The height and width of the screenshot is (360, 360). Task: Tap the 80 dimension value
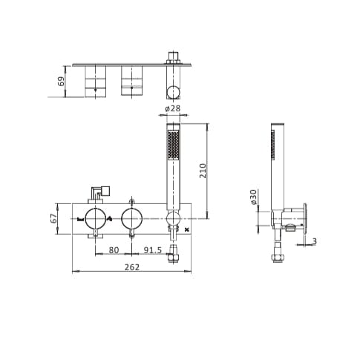tap(114, 249)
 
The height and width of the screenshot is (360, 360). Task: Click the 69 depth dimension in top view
tap(61, 80)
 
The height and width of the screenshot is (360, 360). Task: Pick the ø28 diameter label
tap(172, 109)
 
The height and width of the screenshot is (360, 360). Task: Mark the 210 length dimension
tap(202, 170)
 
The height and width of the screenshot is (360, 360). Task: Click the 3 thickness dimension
tap(314, 241)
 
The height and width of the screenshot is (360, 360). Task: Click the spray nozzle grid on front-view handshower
tap(174, 145)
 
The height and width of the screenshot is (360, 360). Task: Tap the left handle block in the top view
tap(95, 80)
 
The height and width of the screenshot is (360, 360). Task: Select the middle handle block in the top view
tap(131, 80)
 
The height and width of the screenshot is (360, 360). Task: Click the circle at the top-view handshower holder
tap(174, 92)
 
